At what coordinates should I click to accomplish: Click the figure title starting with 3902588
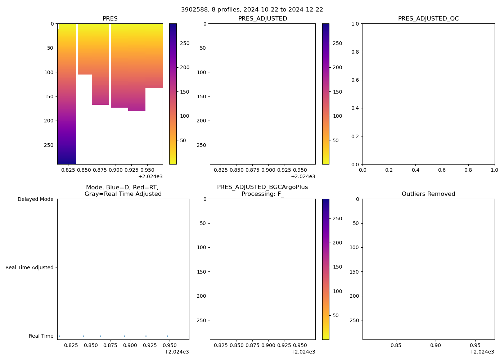click(x=252, y=10)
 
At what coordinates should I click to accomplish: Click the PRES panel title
click(x=110, y=19)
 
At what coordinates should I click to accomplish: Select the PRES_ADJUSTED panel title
click(x=262, y=19)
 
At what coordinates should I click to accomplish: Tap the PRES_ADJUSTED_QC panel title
click(x=428, y=19)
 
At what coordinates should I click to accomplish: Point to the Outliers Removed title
click(x=428, y=194)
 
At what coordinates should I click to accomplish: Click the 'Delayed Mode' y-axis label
click(x=35, y=199)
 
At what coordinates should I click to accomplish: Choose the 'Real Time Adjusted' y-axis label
click(x=30, y=267)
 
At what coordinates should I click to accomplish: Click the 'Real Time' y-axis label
click(x=41, y=336)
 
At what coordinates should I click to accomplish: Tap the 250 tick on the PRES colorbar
click(x=185, y=43)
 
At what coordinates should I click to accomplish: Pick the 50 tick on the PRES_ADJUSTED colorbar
click(x=336, y=140)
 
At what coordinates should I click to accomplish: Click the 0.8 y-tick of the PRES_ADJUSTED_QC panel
click(x=355, y=52)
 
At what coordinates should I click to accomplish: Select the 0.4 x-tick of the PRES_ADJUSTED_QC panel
click(x=415, y=170)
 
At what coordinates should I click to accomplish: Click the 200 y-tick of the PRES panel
click(x=49, y=121)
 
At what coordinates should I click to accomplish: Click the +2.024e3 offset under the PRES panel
click(x=150, y=176)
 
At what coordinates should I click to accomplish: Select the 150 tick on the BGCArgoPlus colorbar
click(x=337, y=267)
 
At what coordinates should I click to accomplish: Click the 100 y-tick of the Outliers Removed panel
click(x=354, y=247)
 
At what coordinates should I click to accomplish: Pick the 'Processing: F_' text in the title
click(x=262, y=194)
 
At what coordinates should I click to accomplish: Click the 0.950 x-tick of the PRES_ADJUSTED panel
click(x=300, y=170)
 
